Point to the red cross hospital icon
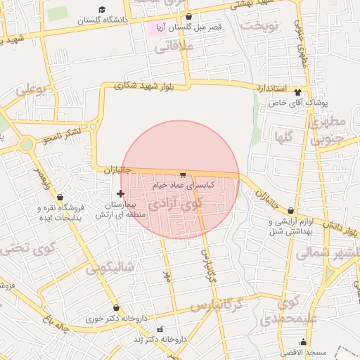[121, 193]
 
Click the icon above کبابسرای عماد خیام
[184, 174]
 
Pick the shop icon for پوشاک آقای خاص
[297, 92]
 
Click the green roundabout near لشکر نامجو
[27, 144]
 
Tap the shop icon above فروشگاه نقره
[59, 197]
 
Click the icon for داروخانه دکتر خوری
[116, 308]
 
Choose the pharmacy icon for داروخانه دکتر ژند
[160, 329]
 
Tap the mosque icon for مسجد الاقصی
[303, 342]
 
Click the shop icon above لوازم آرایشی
[271, 219]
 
